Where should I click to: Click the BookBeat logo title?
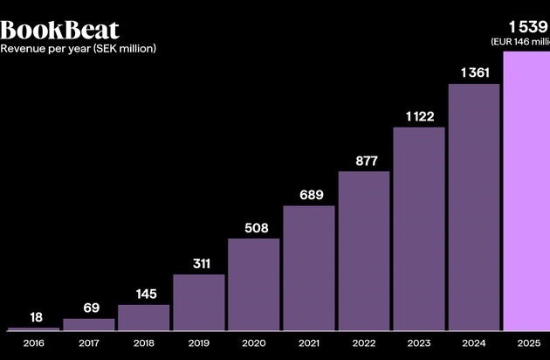click(59, 30)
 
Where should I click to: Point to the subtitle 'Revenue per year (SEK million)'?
click(79, 49)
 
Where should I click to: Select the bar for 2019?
click(199, 302)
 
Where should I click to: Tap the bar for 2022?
click(364, 251)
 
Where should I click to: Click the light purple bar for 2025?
click(526, 192)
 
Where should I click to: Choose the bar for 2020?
click(254, 285)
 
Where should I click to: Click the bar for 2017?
click(89, 324)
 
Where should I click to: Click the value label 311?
click(199, 263)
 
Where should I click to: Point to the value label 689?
click(309, 194)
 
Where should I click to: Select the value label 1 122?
click(419, 116)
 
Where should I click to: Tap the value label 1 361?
click(474, 73)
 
